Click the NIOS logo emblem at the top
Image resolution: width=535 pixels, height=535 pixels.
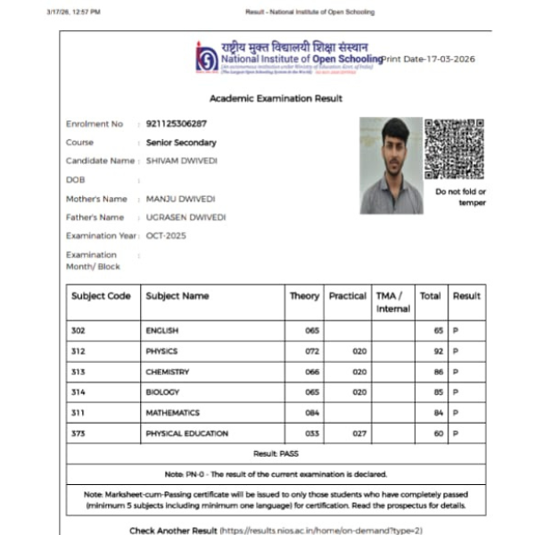tap(206, 58)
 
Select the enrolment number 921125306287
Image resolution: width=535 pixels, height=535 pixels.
tap(176, 124)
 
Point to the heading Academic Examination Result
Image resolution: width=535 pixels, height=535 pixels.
tap(276, 98)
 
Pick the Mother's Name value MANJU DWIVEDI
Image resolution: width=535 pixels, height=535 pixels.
tap(180, 199)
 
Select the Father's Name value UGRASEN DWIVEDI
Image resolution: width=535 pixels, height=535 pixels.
tap(185, 218)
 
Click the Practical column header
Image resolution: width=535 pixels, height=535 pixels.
tap(348, 296)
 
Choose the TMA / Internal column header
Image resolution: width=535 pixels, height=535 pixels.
tap(392, 302)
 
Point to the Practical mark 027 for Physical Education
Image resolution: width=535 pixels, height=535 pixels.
tap(359, 433)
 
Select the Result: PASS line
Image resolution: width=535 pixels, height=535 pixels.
tap(276, 454)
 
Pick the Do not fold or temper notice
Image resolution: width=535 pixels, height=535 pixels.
tap(460, 197)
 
